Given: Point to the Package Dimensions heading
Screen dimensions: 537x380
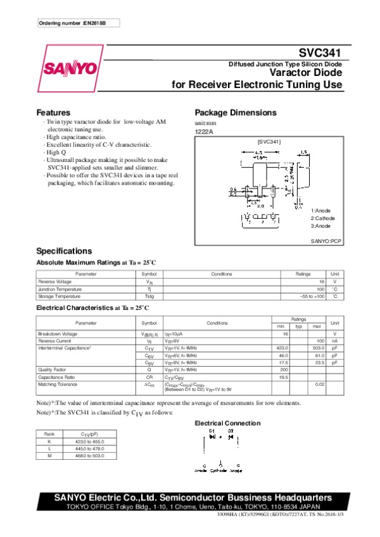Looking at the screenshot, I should point(235,112).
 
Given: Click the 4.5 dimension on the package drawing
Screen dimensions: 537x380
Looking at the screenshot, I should point(258,152).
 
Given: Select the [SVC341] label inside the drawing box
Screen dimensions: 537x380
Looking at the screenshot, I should point(269,142).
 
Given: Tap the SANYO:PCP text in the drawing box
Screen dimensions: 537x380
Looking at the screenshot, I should point(326,242).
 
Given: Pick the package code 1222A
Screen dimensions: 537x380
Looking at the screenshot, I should point(204,132).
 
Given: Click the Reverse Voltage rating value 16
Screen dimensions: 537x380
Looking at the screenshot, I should point(322,281).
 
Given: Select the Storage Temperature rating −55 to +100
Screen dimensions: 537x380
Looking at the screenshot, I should point(312,296).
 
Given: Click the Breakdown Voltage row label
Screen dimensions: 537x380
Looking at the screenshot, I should point(58,333).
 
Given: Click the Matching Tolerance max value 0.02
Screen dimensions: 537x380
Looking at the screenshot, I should point(320,384).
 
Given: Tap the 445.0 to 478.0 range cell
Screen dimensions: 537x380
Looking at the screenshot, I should point(85,448).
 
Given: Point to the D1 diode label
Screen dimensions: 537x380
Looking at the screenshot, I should point(212,431).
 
